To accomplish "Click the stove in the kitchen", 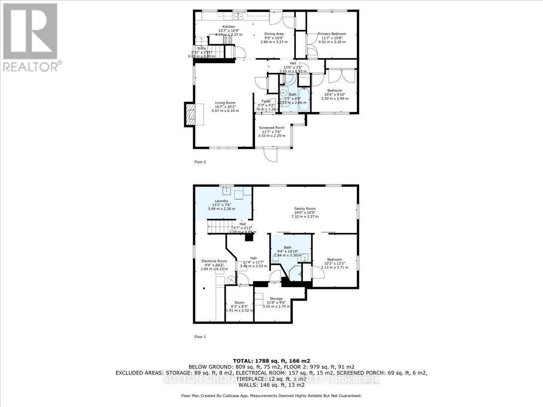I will click(x=228, y=40).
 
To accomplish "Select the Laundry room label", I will click(x=221, y=201).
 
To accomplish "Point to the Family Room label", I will click(x=305, y=209).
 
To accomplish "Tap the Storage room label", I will click(x=276, y=298).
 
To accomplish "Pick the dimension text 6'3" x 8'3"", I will click(x=239, y=307).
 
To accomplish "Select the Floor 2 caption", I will click(x=200, y=161).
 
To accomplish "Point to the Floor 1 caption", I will click(x=200, y=336).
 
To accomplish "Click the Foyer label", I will click(x=266, y=101).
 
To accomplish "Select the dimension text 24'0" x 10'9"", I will click(x=305, y=213).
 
